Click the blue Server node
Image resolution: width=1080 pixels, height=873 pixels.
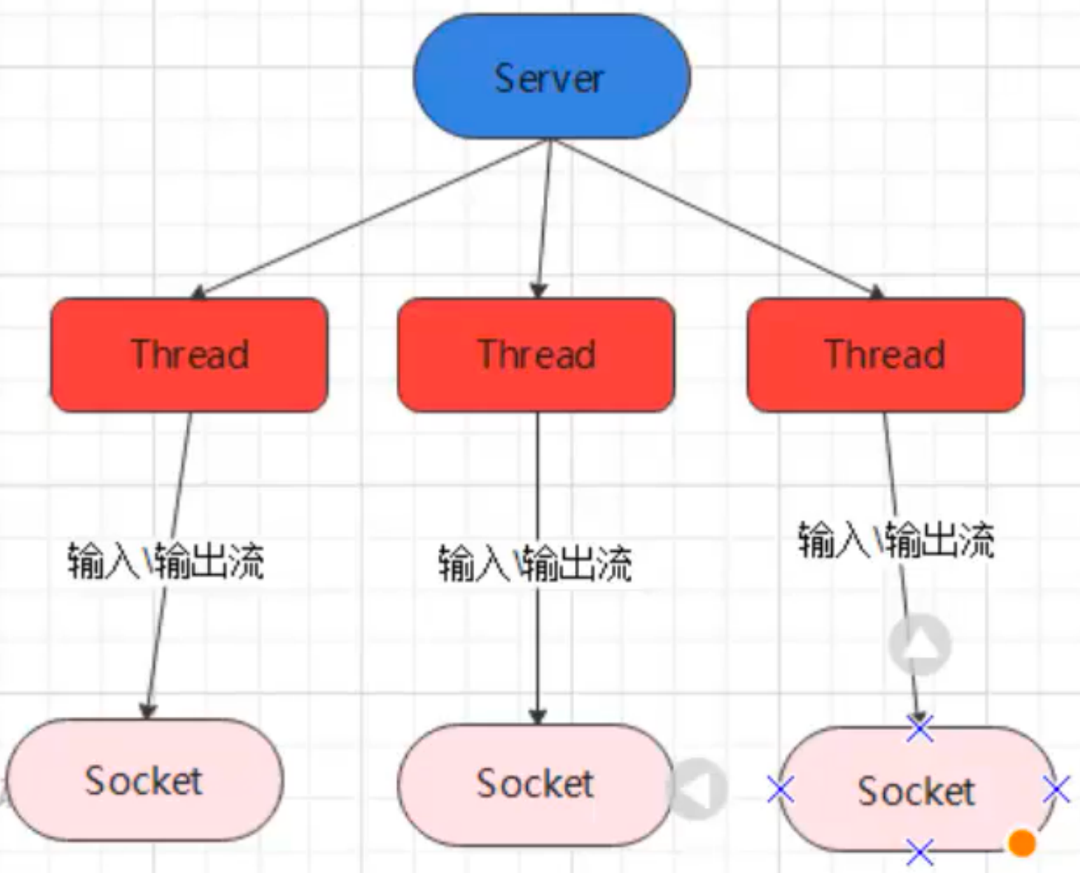(x=552, y=76)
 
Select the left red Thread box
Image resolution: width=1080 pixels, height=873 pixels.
(x=189, y=355)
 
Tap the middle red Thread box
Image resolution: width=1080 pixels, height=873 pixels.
(x=536, y=355)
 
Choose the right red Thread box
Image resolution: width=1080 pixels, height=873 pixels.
(x=885, y=355)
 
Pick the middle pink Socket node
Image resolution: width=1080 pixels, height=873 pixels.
(x=536, y=785)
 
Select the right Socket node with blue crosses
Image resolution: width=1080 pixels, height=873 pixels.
(x=917, y=789)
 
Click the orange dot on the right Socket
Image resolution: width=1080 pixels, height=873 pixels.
(x=1021, y=843)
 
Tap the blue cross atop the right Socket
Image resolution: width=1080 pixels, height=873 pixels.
(x=919, y=729)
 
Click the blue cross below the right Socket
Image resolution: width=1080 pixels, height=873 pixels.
(x=919, y=852)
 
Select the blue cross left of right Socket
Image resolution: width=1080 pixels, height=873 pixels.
(x=781, y=789)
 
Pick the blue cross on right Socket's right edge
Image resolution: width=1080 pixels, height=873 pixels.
(x=1056, y=789)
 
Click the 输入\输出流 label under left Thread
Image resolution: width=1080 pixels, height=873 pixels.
(x=166, y=561)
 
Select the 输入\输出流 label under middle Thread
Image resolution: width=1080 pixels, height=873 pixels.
(x=536, y=563)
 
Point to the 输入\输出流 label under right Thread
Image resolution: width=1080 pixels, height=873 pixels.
(x=897, y=539)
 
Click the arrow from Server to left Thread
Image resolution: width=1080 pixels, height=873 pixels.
(x=371, y=219)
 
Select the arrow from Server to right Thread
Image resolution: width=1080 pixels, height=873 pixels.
(x=718, y=219)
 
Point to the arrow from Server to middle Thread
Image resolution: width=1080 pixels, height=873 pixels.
(x=544, y=219)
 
